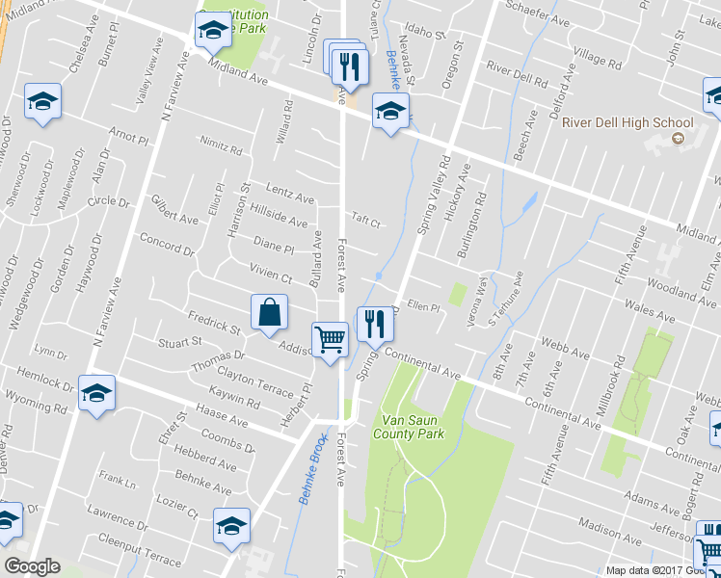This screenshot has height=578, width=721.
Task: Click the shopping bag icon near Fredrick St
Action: click(x=270, y=312)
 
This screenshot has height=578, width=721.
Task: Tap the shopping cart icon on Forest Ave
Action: click(x=330, y=339)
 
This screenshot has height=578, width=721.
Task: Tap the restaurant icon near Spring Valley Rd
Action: click(x=374, y=323)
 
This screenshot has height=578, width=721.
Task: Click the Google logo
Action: click(x=32, y=566)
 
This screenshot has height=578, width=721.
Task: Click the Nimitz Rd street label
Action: click(x=222, y=147)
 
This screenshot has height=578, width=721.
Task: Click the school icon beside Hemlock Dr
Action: click(x=96, y=393)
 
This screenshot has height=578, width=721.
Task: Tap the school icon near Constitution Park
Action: click(x=212, y=32)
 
